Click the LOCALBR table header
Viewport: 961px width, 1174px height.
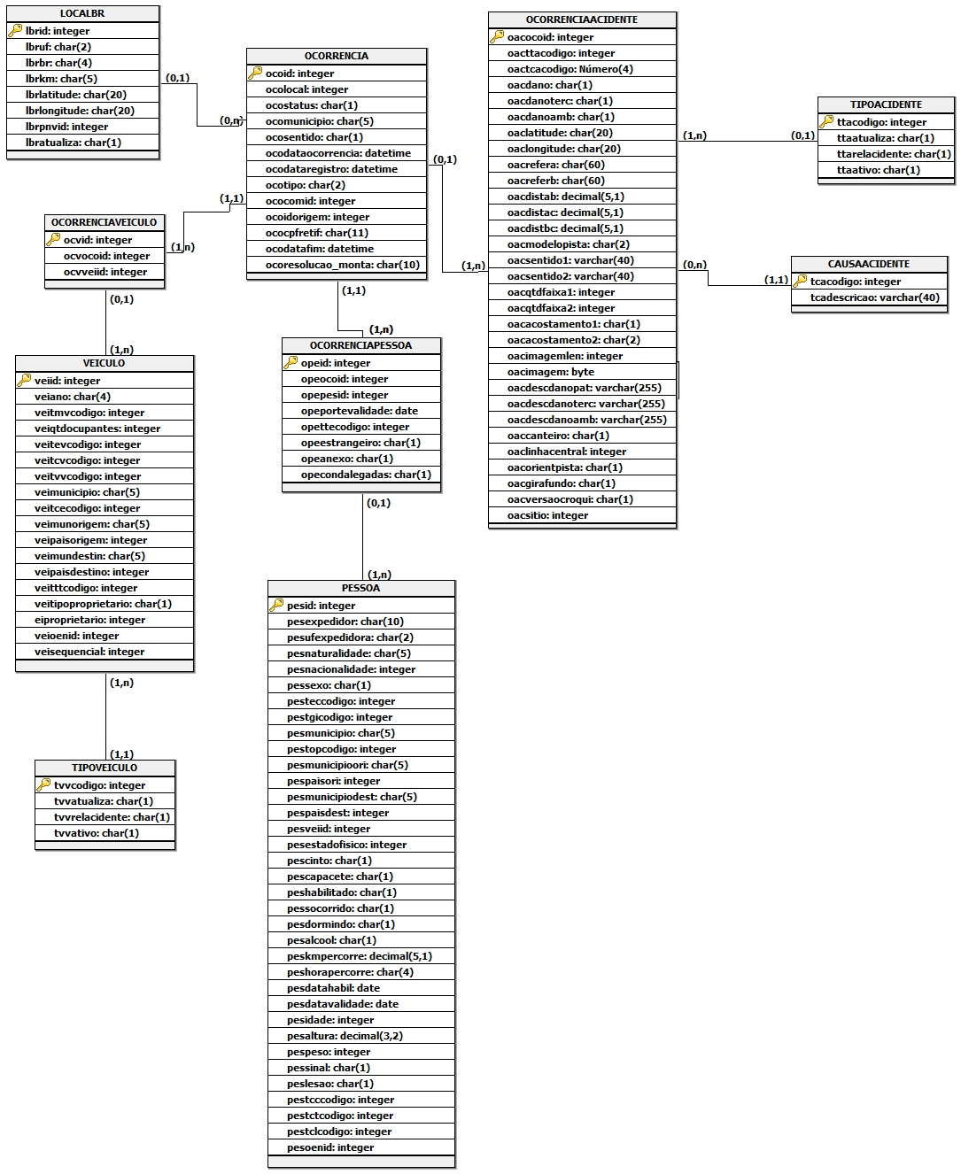(x=82, y=14)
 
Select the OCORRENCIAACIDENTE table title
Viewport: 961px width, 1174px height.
(x=582, y=19)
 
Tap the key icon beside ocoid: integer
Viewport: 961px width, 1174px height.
(x=255, y=73)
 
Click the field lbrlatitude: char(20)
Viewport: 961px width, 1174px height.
(x=76, y=95)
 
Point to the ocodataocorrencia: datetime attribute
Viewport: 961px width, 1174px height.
(x=338, y=153)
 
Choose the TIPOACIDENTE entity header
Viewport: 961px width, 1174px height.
(x=886, y=104)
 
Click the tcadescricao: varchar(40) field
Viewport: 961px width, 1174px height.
(x=874, y=297)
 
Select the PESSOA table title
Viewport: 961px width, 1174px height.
(x=360, y=588)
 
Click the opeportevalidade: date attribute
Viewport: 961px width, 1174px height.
(x=359, y=411)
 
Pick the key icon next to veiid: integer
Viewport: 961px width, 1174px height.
(x=24, y=381)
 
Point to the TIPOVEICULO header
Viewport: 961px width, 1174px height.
(x=105, y=768)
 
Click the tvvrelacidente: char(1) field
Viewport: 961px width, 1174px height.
(x=112, y=817)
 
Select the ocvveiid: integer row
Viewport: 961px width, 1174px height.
(x=105, y=272)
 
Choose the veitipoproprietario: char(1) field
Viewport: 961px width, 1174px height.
(x=103, y=604)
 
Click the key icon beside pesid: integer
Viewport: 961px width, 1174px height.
(x=276, y=606)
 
